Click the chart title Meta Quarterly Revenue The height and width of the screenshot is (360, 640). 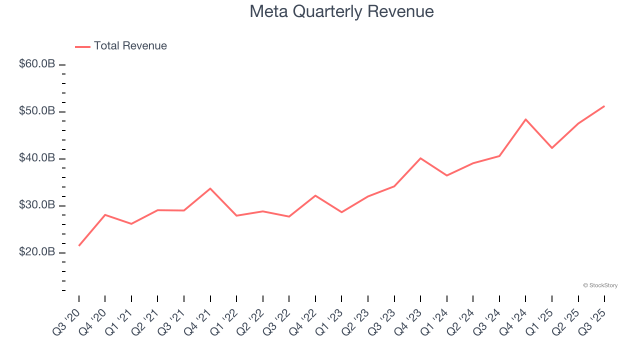(341, 11)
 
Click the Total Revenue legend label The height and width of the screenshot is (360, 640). (130, 46)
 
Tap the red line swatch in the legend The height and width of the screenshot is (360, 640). (82, 46)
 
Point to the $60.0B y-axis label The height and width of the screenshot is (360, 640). (37, 64)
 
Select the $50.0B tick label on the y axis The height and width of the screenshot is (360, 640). (37, 111)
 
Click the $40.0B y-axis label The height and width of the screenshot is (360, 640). (37, 158)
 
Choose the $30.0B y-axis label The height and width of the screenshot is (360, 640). (37, 205)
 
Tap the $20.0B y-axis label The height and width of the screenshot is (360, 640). (37, 252)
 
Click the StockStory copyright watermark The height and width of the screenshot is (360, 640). (600, 285)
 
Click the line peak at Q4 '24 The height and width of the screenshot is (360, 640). (525, 119)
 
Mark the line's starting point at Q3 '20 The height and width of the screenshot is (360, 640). (79, 245)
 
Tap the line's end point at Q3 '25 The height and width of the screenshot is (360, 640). (604, 106)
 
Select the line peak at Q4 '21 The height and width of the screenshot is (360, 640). (210, 188)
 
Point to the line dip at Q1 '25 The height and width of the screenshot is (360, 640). (552, 148)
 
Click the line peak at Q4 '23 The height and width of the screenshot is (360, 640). (420, 158)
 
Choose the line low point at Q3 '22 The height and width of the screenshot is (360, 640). (289, 216)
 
